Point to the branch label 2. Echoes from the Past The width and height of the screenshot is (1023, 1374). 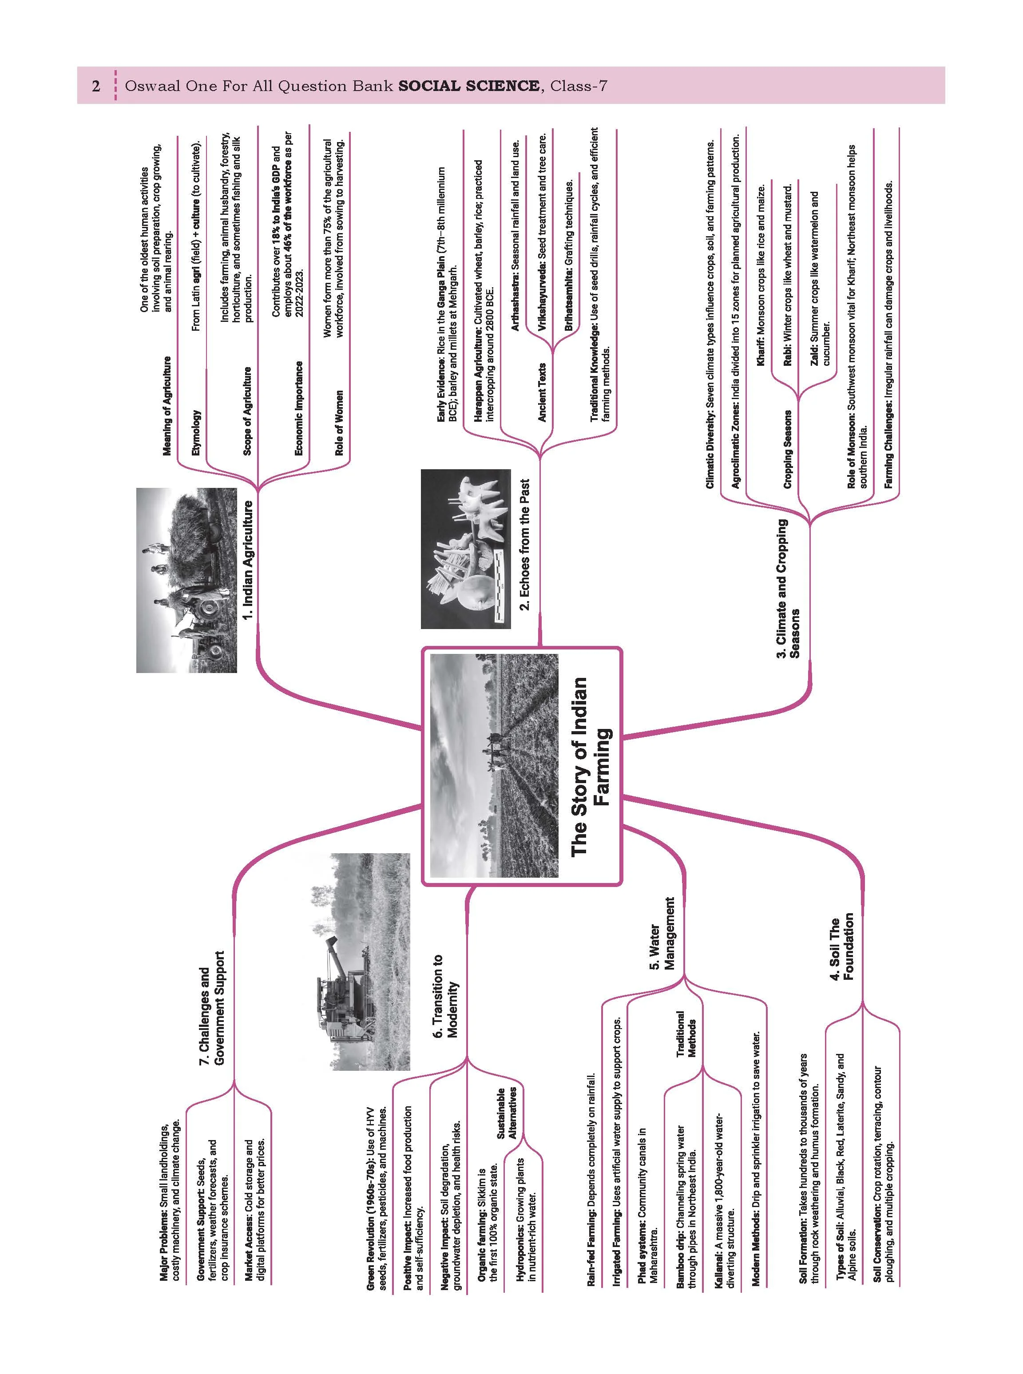(525, 544)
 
